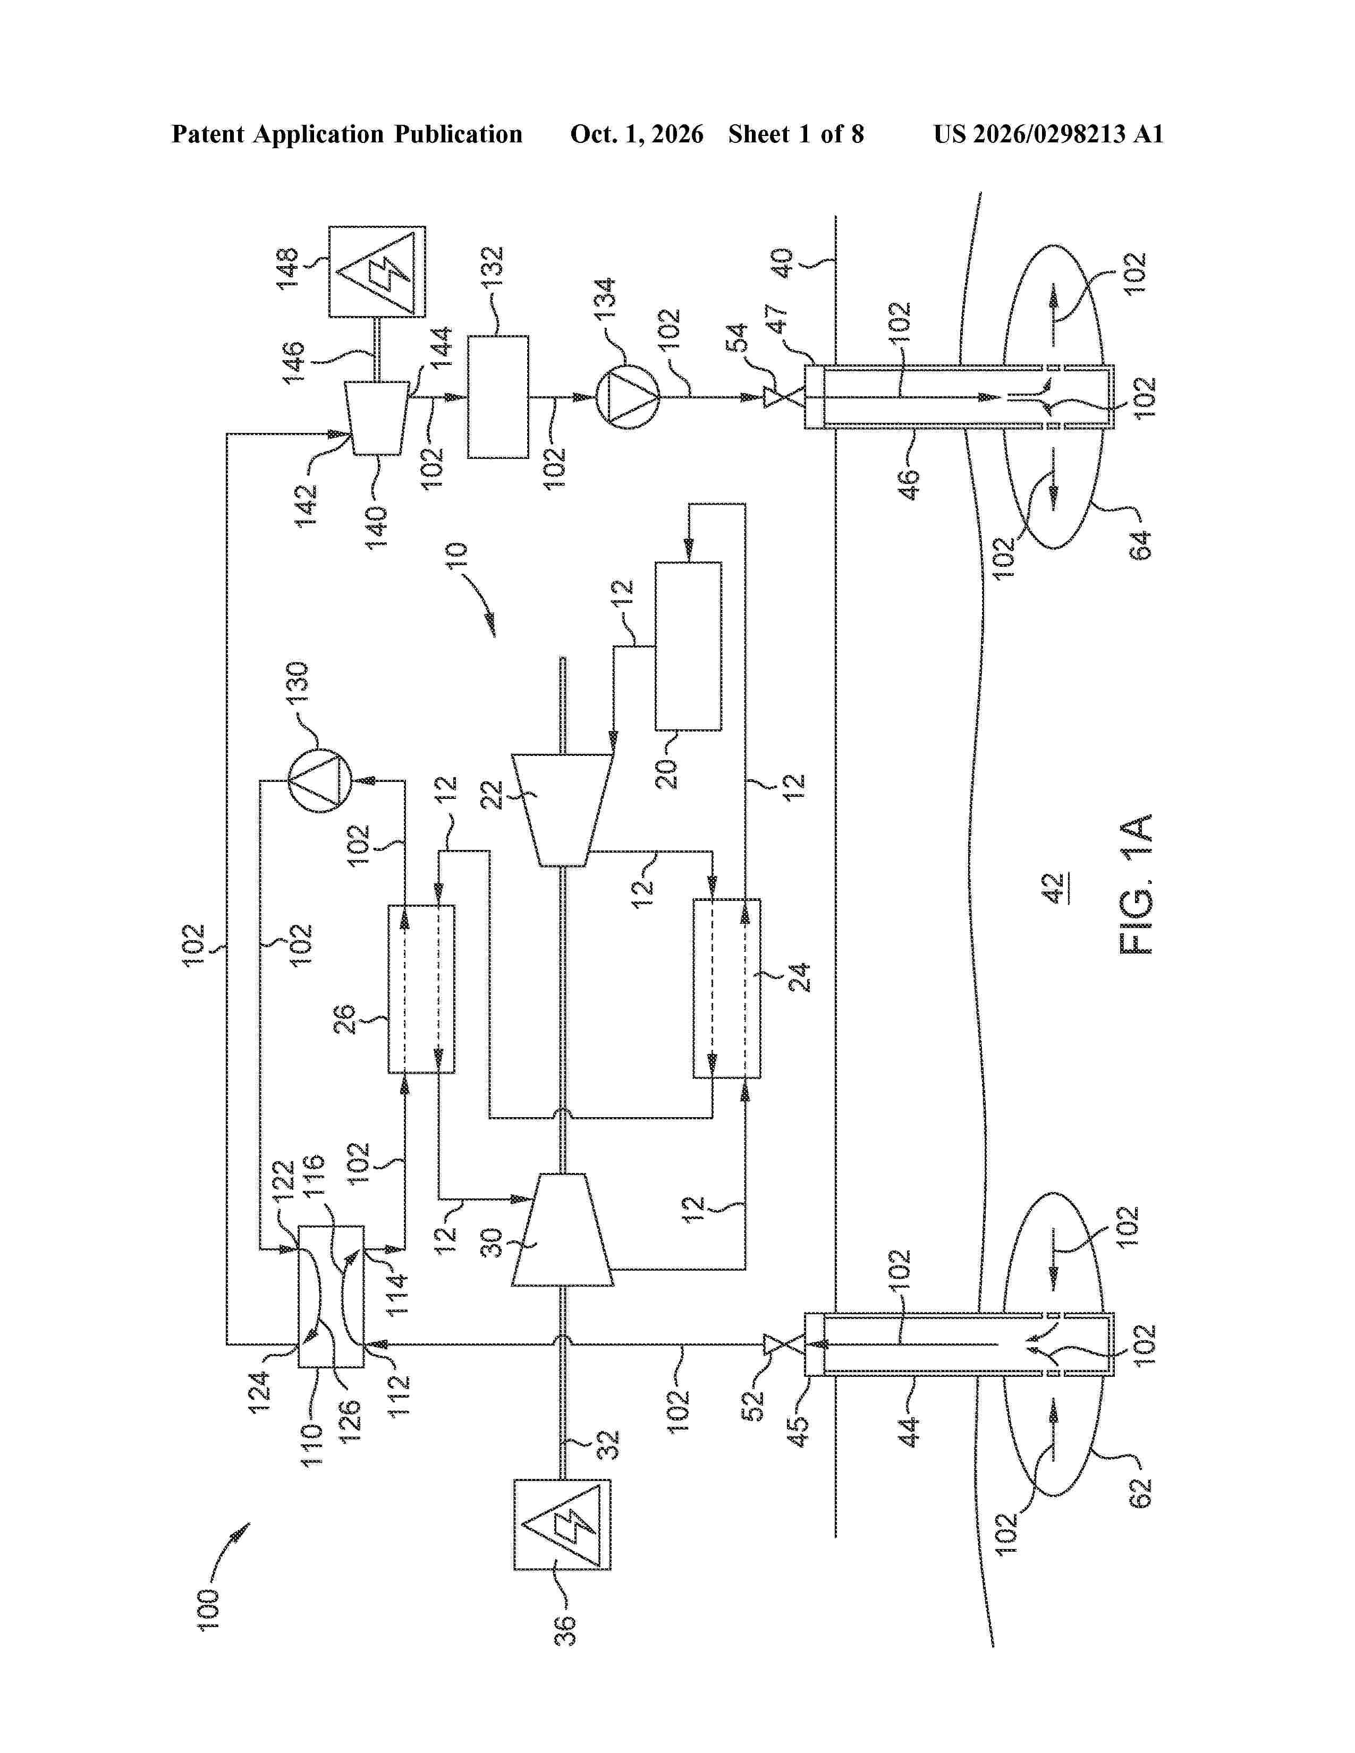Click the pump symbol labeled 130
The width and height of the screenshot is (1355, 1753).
319,780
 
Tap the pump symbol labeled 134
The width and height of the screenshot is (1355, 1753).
627,396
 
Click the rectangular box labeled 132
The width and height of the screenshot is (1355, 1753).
498,396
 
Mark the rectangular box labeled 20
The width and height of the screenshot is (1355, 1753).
688,646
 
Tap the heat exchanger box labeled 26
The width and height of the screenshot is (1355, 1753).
421,989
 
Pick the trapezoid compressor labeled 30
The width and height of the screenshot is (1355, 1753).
562,1230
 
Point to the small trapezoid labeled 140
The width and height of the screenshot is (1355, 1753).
377,418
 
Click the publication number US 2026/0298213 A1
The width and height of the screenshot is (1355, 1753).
1048,134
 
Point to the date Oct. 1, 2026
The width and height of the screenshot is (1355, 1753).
637,134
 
